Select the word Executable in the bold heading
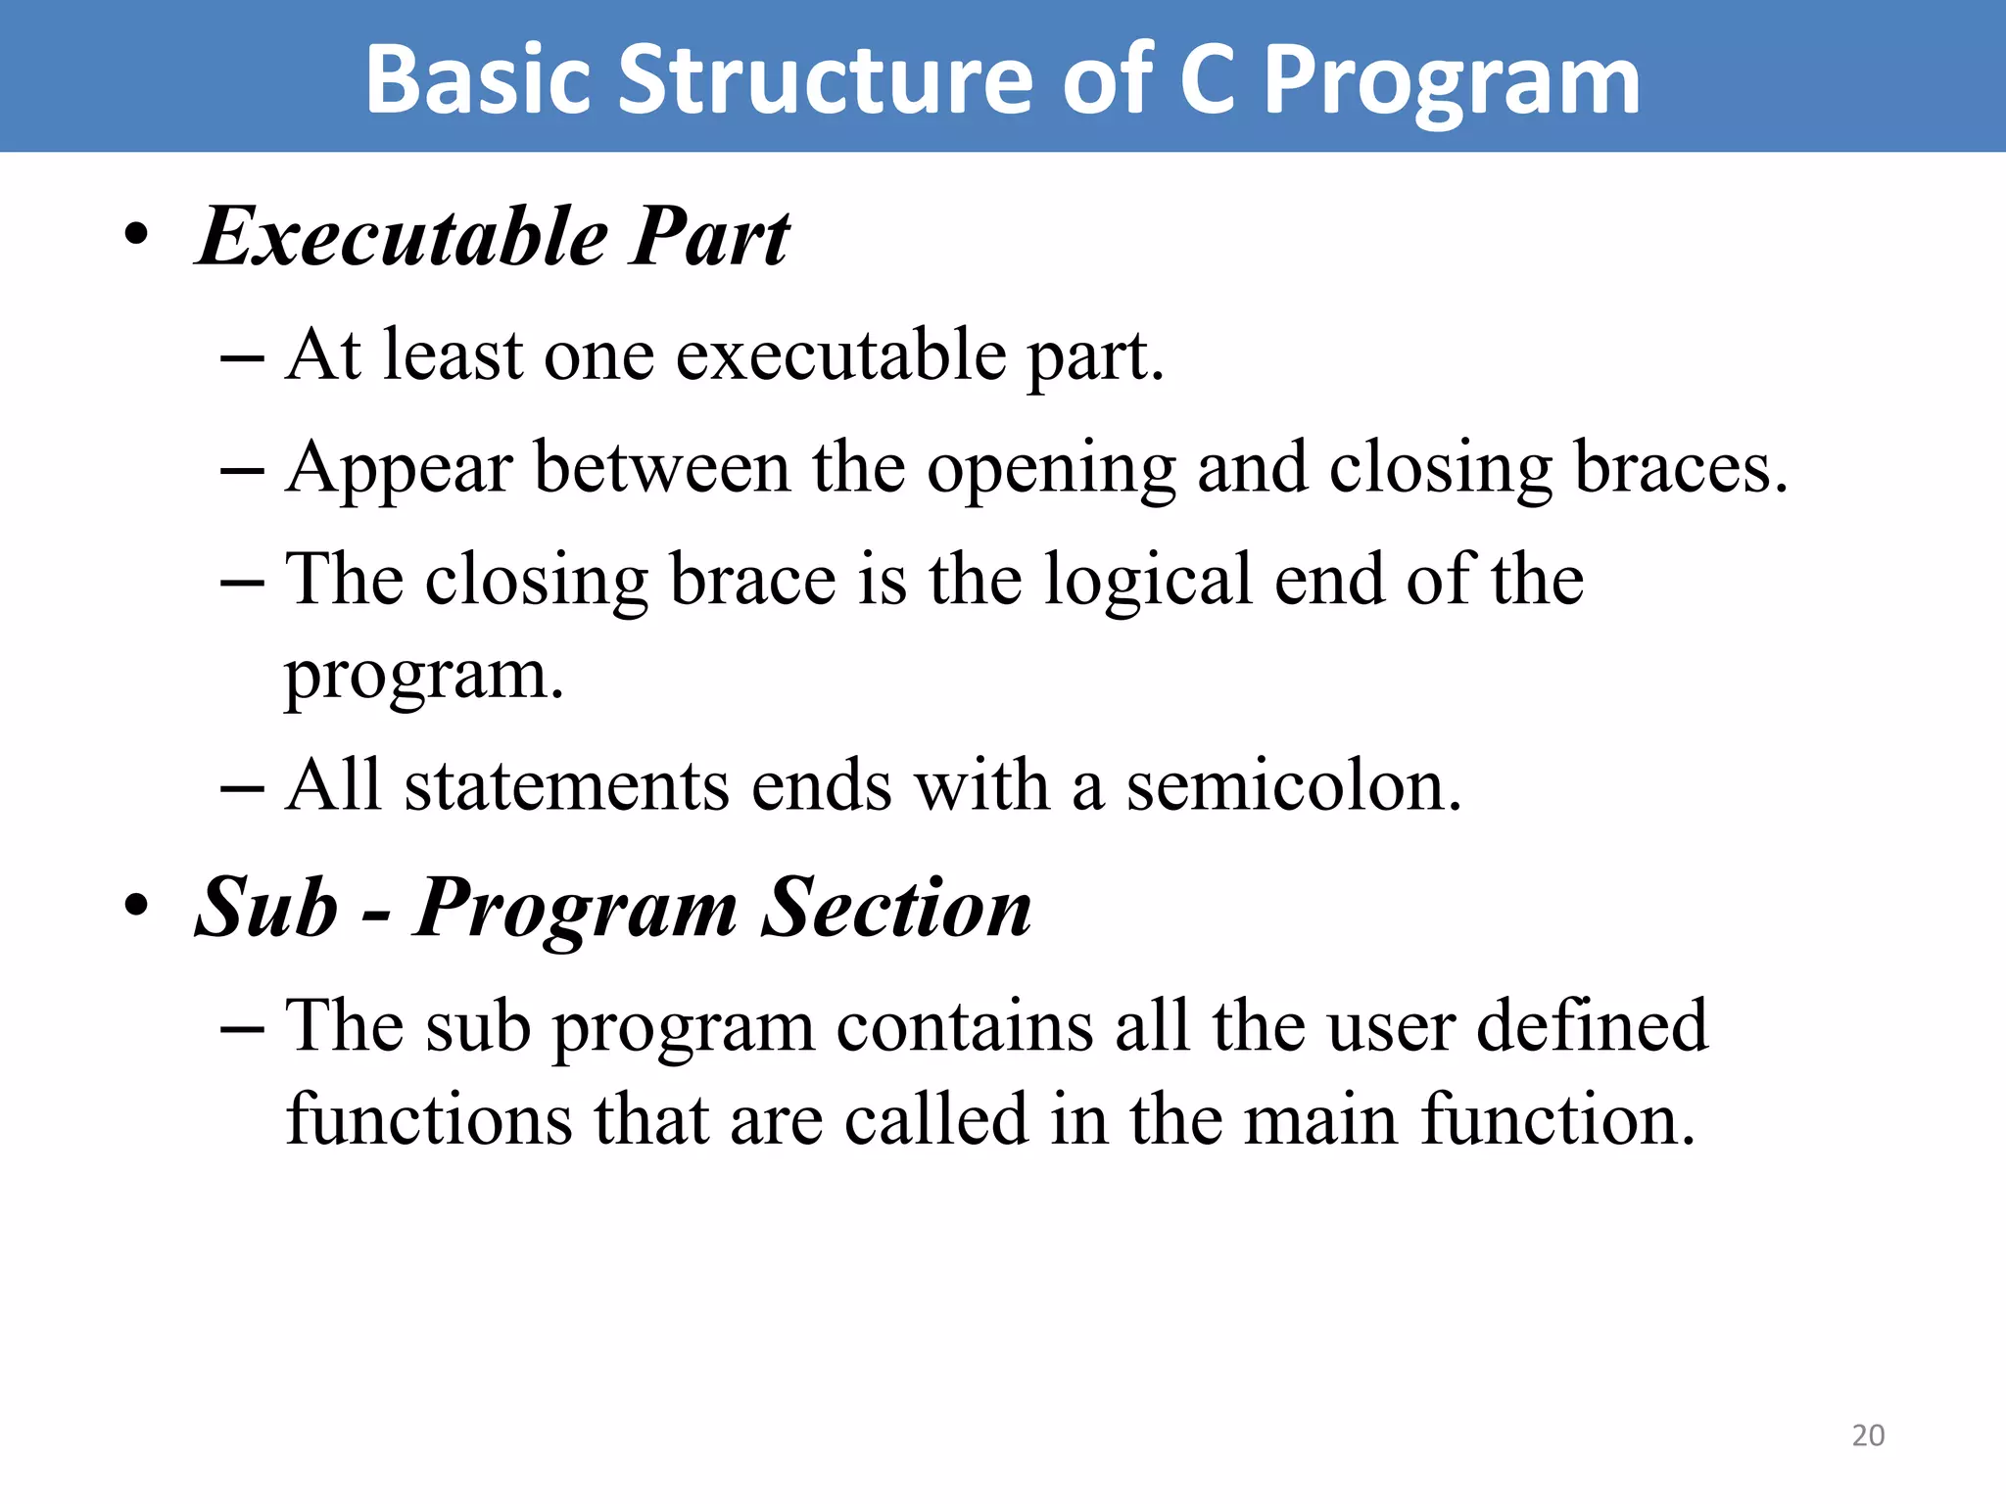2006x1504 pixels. pyautogui.click(x=403, y=238)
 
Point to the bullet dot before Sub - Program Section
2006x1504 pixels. pyautogui.click(x=136, y=906)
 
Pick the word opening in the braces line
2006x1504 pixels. pyautogui.click(x=1051, y=470)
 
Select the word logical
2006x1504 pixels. pyautogui.click(x=1148, y=581)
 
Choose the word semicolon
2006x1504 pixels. pyautogui.click(x=1293, y=786)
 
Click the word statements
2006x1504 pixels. pyautogui.click(x=566, y=786)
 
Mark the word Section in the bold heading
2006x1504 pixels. pyautogui.click(x=896, y=908)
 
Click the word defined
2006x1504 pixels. pyautogui.click(x=1591, y=1026)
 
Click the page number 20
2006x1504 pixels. pyautogui.click(x=1868, y=1435)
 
